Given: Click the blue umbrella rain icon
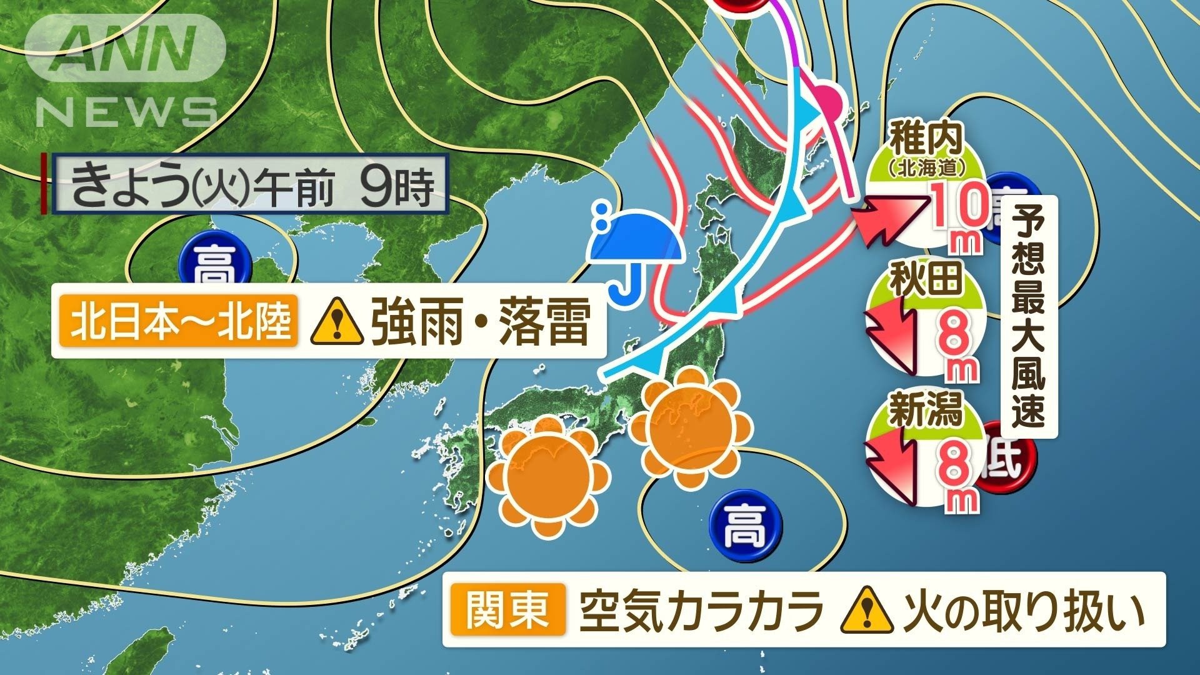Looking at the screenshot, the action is pos(634,250).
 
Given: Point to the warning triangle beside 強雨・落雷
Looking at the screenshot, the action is pos(337,321).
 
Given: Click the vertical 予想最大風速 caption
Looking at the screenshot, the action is pos(1028,316).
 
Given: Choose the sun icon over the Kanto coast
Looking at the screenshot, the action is pos(690,427).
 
